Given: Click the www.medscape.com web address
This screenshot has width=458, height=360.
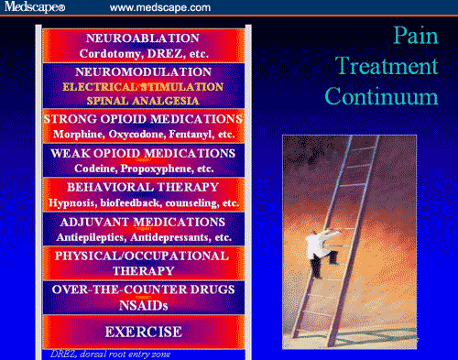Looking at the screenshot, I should [x=161, y=8].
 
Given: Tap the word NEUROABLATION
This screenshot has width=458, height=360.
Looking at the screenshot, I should [x=142, y=38].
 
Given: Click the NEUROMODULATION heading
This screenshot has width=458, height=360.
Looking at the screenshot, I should [x=142, y=71].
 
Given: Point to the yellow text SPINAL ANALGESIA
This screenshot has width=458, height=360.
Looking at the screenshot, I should [x=142, y=99].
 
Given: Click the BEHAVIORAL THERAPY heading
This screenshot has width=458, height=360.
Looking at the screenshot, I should [x=142, y=186].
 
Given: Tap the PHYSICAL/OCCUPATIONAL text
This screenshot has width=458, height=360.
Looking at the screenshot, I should [x=142, y=256].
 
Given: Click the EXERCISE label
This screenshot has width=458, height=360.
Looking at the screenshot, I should [x=142, y=331].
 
